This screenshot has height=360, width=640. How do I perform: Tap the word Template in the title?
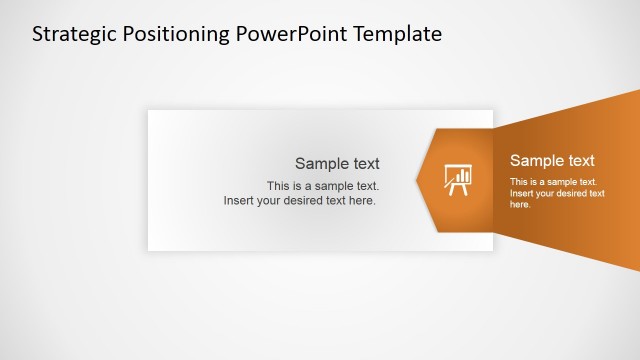[x=392, y=34]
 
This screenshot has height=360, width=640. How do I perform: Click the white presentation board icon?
[x=458, y=179]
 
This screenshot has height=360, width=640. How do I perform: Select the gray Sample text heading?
[x=337, y=164]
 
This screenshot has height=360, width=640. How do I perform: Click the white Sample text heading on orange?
[x=552, y=160]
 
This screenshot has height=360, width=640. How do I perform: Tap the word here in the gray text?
[x=363, y=201]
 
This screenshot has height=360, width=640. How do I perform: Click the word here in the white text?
[x=520, y=204]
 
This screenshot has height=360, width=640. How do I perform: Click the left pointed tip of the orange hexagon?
[x=418, y=180]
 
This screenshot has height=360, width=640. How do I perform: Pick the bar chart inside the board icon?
[x=461, y=174]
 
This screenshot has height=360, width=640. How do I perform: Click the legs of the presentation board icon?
[x=458, y=190]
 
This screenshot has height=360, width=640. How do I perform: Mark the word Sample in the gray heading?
[x=316, y=164]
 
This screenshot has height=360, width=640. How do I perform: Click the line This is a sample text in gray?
[x=323, y=186]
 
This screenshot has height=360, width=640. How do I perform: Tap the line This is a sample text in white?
[x=553, y=182]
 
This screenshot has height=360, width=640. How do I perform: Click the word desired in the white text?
[x=573, y=193]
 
